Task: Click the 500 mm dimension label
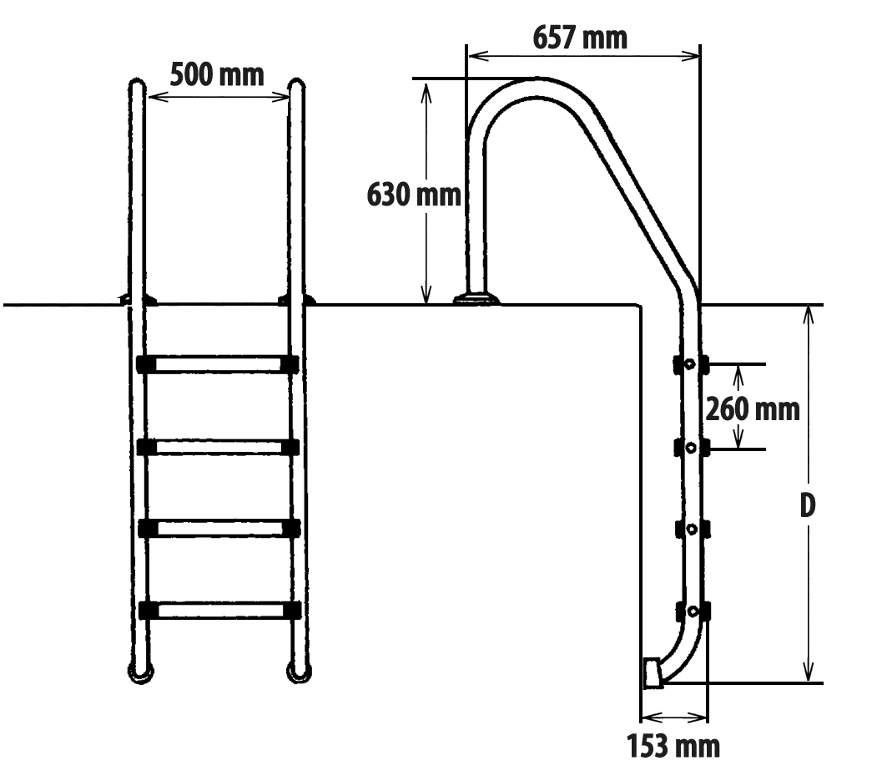coord(217,74)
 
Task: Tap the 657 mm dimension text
coord(580,38)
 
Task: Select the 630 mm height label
coord(414,195)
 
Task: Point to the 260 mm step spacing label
coord(753,409)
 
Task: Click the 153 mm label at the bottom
coord(673,746)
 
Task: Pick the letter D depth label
coord(808,505)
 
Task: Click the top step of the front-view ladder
coord(218,364)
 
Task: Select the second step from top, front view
coord(218,447)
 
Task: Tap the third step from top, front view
coord(219,528)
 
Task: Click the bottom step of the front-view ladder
coord(219,610)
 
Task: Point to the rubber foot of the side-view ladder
coord(653,672)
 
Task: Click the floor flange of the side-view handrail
coord(476,298)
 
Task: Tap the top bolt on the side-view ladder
coord(689,363)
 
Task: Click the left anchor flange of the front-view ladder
coord(137,300)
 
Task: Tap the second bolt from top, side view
coord(690,448)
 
